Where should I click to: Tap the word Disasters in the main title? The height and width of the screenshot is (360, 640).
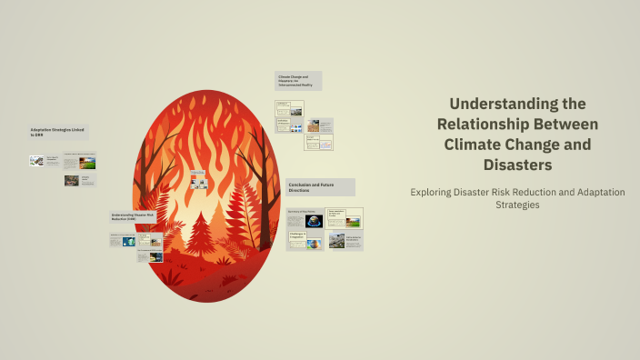click(517, 165)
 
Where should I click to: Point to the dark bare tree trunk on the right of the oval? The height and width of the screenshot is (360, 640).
click(265, 182)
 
